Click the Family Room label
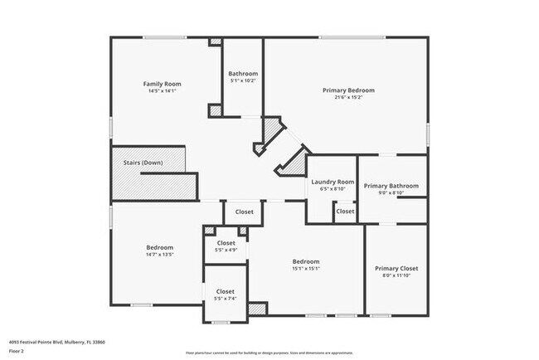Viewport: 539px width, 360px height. pyautogui.click(x=162, y=84)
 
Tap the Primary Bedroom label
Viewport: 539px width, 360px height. pyautogui.click(x=348, y=90)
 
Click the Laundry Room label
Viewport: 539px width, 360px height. pyautogui.click(x=332, y=182)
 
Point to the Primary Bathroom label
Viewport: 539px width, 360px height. pyautogui.click(x=391, y=186)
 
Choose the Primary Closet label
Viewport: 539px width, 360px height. pyautogui.click(x=396, y=268)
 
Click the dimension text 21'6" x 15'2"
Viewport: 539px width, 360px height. pyautogui.click(x=348, y=98)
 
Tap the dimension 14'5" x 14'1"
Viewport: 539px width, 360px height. pyautogui.click(x=162, y=91)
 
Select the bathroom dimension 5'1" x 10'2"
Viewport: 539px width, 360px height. pyautogui.click(x=242, y=80)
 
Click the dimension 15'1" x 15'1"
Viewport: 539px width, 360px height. pyautogui.click(x=306, y=268)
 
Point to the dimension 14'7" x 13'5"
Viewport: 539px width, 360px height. pyautogui.click(x=159, y=255)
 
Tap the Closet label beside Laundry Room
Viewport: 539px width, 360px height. pyautogui.click(x=345, y=212)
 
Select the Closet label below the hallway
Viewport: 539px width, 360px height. pyautogui.click(x=244, y=212)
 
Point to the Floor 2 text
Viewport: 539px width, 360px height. pyautogui.click(x=17, y=351)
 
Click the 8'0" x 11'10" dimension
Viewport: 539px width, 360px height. pyautogui.click(x=396, y=276)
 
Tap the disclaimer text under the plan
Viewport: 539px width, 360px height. pyautogui.click(x=269, y=351)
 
